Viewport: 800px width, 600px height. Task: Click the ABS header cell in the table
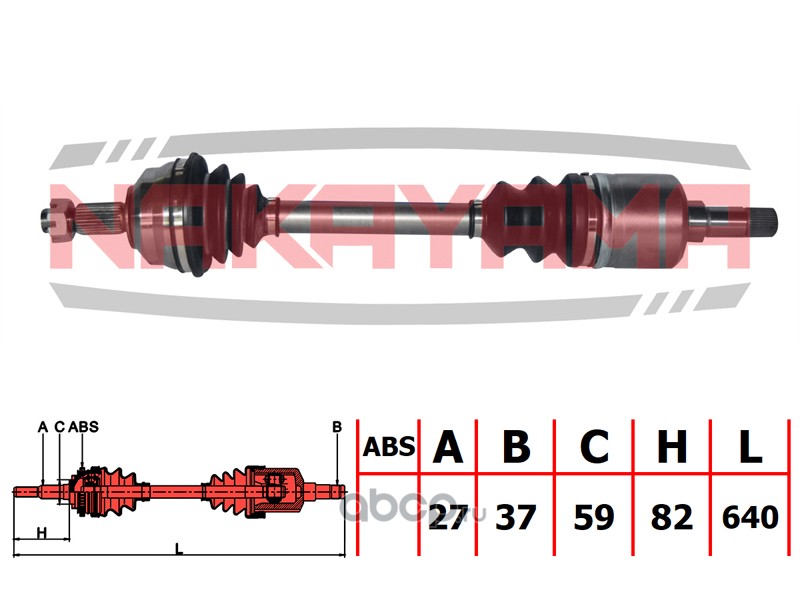pos(386,447)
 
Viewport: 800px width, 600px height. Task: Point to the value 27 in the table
pos(446,517)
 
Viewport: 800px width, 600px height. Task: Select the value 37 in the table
pos(516,517)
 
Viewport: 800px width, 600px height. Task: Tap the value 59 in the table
pos(594,517)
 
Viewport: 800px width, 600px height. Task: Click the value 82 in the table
pos(671,517)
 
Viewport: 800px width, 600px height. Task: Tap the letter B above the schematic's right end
pos(337,427)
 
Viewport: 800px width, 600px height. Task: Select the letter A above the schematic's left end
pos(43,427)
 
